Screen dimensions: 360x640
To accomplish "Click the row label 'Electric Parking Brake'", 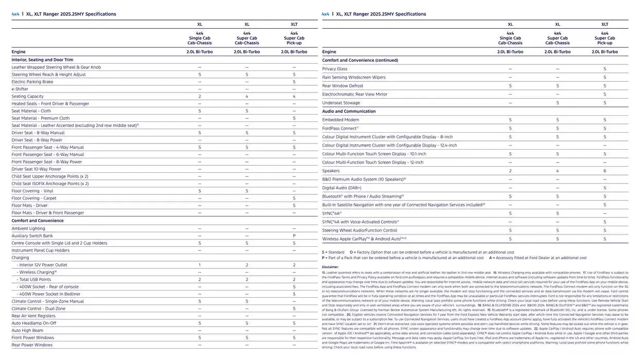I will [32, 82].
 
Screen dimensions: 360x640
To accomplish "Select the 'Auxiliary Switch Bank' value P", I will [294, 236].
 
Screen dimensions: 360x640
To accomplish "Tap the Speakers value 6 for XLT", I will [605, 171].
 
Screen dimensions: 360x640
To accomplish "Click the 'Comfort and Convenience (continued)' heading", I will [360, 60].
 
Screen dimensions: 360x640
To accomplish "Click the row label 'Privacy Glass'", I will [334, 69].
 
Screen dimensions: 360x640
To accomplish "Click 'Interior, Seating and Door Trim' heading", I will [42, 60].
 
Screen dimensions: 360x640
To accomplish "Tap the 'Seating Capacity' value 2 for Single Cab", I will [200, 96].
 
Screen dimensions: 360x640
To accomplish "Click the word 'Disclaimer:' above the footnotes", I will [330, 267].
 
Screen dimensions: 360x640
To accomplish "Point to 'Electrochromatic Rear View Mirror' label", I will [354, 94].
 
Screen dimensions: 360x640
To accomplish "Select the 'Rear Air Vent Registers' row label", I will [33, 316].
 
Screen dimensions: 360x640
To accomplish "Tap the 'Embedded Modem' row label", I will [341, 120].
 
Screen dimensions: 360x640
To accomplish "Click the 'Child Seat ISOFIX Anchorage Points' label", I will [50, 184].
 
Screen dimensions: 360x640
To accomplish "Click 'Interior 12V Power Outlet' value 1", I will [200, 265].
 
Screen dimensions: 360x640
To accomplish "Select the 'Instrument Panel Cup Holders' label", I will [41, 250].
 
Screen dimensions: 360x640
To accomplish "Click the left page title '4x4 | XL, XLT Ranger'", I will [64, 14].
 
